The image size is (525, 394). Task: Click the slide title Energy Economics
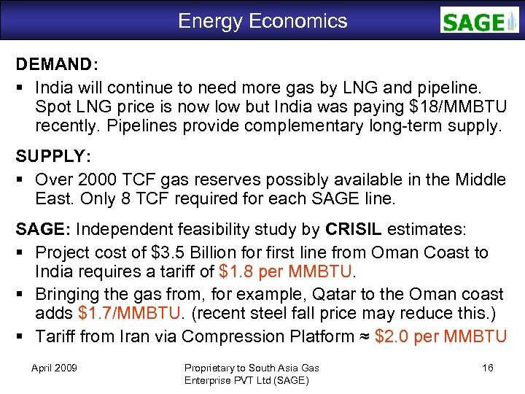pos(262,20)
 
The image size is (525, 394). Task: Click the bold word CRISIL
pos(354,231)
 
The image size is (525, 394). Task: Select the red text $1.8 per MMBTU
pos(286,273)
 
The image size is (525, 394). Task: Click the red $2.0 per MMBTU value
pos(440,336)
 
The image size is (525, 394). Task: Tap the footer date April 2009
pos(55,368)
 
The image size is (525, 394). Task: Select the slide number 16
pos(488,368)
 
